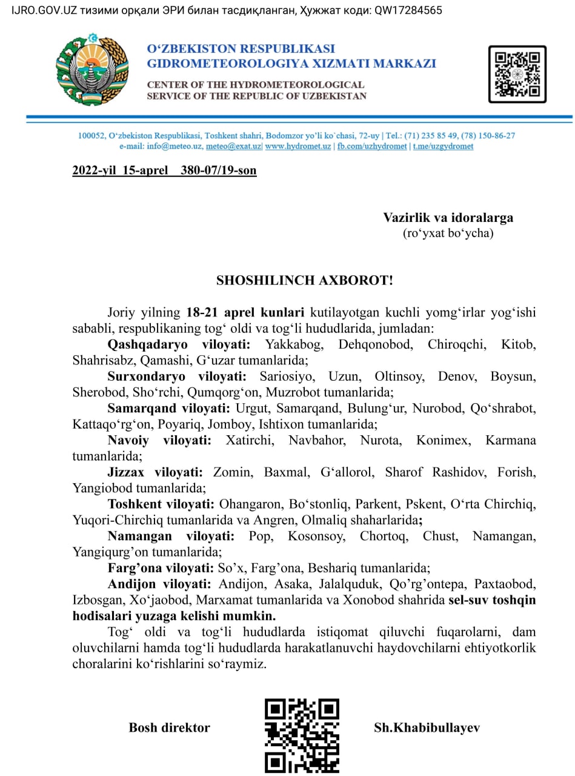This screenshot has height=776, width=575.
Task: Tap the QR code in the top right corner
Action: point(517,74)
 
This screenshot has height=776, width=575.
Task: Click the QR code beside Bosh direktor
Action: point(302,735)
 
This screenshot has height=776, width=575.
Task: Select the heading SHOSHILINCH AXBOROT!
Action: point(305,280)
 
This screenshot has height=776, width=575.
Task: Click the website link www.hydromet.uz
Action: point(298,146)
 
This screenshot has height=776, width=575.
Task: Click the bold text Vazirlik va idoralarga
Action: point(448,217)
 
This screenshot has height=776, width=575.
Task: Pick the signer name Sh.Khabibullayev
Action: point(427,727)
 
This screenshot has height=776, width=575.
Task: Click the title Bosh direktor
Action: point(169,727)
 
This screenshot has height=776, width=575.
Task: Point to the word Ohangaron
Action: point(246,503)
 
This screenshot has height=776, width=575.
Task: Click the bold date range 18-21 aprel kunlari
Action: point(245,313)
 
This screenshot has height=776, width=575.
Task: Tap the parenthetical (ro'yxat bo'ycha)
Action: point(448,233)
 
